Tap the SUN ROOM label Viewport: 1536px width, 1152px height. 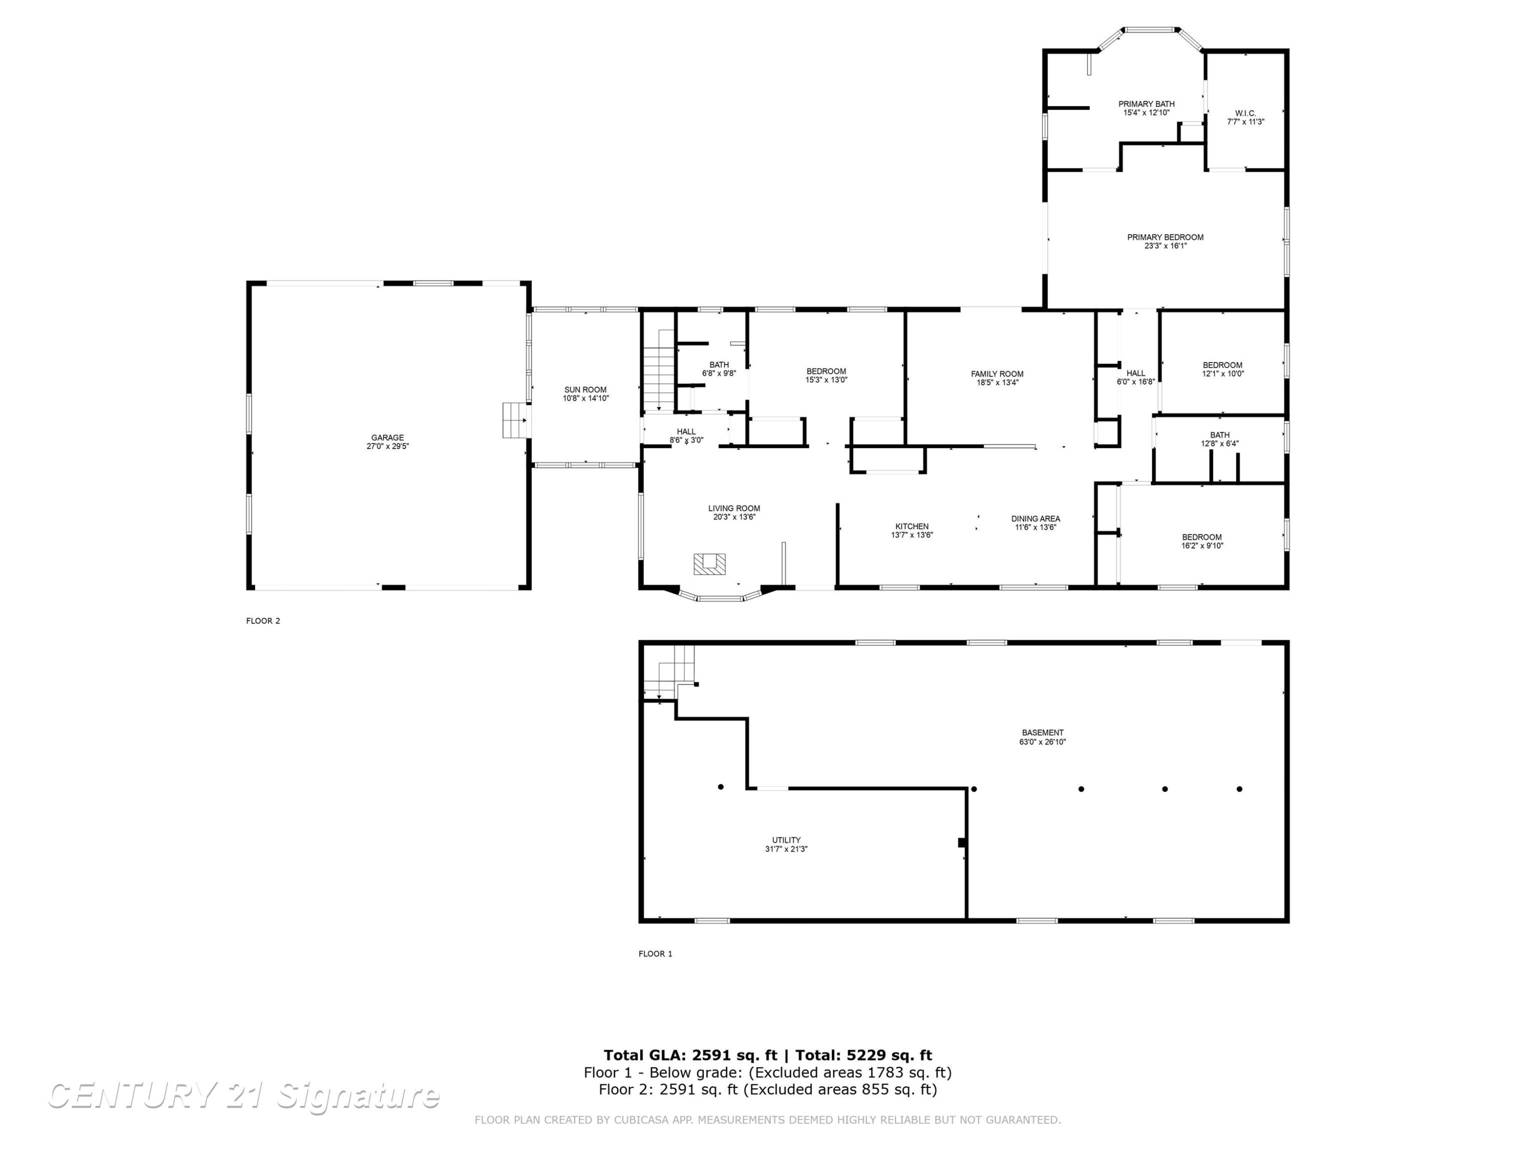[585, 390]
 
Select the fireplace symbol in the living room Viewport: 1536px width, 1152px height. [709, 563]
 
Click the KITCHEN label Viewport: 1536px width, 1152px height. [912, 526]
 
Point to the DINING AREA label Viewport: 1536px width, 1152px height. [1035, 519]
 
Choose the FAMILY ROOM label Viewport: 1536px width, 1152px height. [997, 374]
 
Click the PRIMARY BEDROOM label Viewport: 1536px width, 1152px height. [1165, 238]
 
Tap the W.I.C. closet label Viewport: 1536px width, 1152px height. [1245, 113]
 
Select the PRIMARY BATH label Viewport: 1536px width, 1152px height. [1146, 104]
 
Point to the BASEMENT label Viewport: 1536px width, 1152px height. [1042, 733]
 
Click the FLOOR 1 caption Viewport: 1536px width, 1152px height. [655, 953]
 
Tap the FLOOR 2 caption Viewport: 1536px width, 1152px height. [263, 621]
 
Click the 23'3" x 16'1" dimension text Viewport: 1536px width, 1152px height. [1165, 246]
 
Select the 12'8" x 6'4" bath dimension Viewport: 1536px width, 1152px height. [1220, 444]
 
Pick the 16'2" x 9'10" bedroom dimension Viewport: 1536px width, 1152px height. [1202, 546]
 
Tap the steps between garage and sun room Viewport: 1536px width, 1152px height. [516, 420]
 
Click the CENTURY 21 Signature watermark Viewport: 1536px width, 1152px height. [243, 1096]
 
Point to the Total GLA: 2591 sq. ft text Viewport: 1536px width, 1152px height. [690, 1055]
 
